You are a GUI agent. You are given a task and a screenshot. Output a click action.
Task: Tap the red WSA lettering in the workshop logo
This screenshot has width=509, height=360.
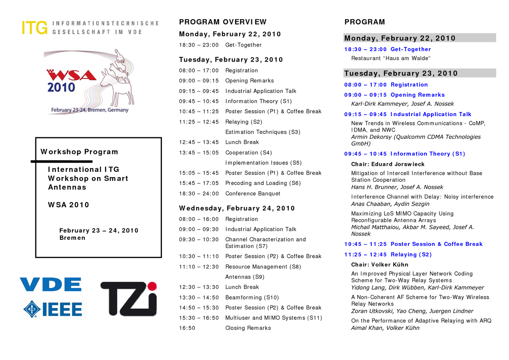coord(72,75)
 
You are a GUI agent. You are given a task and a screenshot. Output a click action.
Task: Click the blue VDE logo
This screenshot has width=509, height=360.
coord(51,284)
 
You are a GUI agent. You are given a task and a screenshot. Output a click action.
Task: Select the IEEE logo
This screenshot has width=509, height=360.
coord(53,309)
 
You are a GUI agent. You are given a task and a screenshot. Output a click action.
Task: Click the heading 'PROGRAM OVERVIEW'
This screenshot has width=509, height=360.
coord(223,22)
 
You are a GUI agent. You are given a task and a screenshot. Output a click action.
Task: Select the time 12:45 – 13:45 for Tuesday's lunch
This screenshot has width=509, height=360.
coord(199,142)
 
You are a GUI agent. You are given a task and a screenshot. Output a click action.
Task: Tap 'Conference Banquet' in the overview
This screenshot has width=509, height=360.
coord(253,194)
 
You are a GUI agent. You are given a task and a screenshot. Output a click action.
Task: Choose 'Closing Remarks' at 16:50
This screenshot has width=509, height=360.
coord(248,328)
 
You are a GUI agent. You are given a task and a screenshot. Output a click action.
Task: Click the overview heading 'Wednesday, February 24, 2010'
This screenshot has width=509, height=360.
coord(237,208)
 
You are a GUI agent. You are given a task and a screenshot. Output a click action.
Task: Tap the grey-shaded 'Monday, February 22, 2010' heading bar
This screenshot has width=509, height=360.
coord(420,38)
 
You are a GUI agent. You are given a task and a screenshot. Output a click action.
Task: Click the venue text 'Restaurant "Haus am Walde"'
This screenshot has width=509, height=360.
coord(390,58)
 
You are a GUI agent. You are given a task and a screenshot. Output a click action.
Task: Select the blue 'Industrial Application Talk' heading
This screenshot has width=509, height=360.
coord(431,115)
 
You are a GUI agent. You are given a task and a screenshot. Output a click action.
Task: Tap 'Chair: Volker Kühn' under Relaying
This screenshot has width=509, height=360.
coord(379,265)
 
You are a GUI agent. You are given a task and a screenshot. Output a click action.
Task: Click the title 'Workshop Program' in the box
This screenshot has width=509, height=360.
coord(80,152)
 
